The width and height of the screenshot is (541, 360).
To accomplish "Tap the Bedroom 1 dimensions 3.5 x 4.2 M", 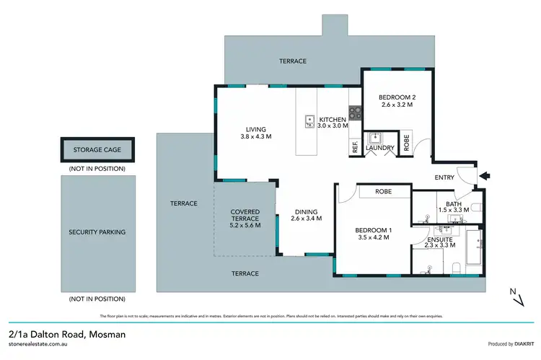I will coord(372,237).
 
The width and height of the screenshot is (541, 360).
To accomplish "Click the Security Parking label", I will coord(97,232).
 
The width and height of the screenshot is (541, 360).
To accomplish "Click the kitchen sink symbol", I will coord(309,121).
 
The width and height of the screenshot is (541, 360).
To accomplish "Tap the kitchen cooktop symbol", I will coord(355,113).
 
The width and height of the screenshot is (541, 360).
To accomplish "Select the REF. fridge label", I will coord(355,147).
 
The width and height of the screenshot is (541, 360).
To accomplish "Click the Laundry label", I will coord(380,149).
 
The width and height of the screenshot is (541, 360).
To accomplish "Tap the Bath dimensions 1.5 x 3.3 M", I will coord(453,210).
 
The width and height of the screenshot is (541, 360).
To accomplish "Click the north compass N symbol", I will coord(512,291).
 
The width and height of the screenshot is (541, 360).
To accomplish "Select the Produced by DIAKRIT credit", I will coord(503,344).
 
